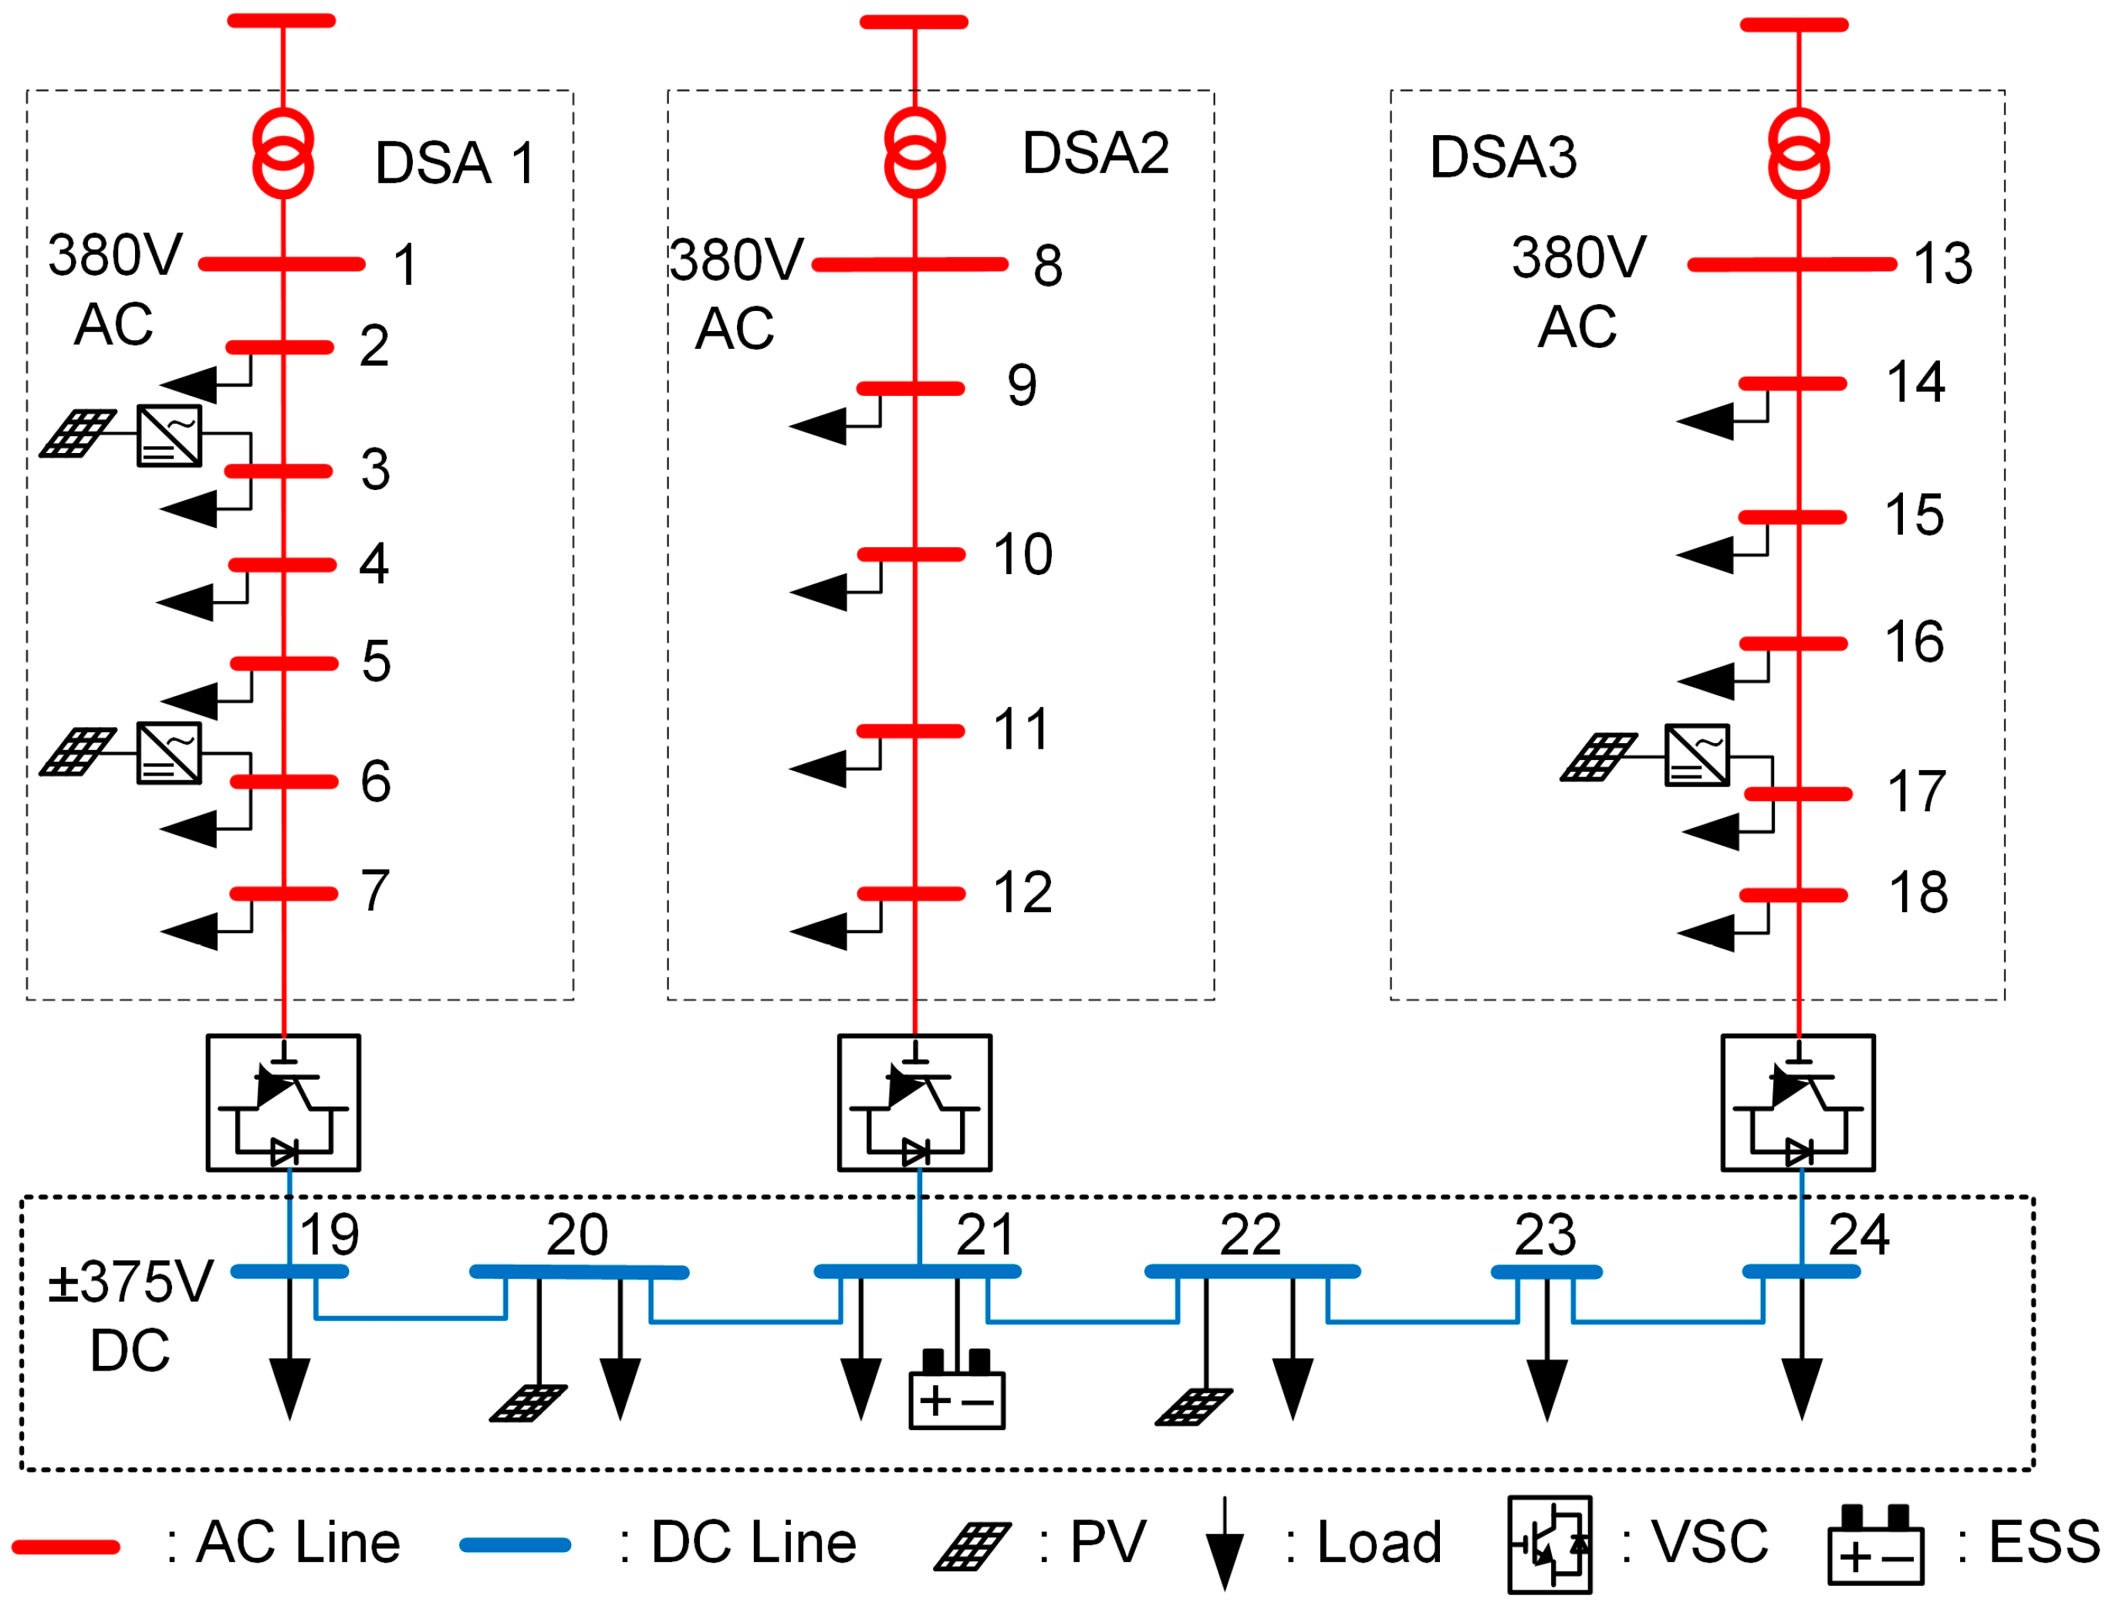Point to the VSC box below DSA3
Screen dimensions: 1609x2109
coord(1798,1104)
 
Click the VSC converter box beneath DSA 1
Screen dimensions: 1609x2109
coord(283,1104)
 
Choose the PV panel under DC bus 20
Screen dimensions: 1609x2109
coord(528,1403)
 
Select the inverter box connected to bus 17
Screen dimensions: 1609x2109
coord(1696,755)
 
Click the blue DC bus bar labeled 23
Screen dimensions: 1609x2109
coord(1546,1273)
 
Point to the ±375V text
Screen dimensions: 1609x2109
coord(130,1283)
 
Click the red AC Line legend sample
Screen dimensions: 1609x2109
coord(65,1546)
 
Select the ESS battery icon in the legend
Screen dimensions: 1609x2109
coord(1874,1545)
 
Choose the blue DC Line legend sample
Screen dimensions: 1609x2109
coord(515,1545)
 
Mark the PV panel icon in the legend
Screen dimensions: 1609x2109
coord(972,1546)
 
